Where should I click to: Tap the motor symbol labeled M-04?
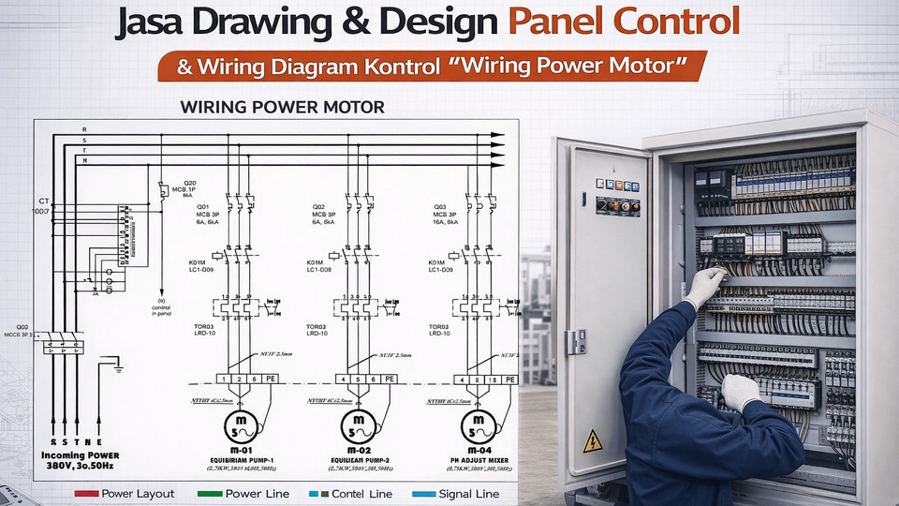(477, 428)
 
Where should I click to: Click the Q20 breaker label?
(189, 183)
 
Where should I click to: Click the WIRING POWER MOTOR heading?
(282, 108)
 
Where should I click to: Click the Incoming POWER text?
(79, 454)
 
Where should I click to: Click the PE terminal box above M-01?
(270, 379)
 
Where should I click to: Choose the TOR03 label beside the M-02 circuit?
(317, 326)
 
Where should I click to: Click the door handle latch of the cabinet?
(574, 340)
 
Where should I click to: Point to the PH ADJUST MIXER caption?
(477, 459)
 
